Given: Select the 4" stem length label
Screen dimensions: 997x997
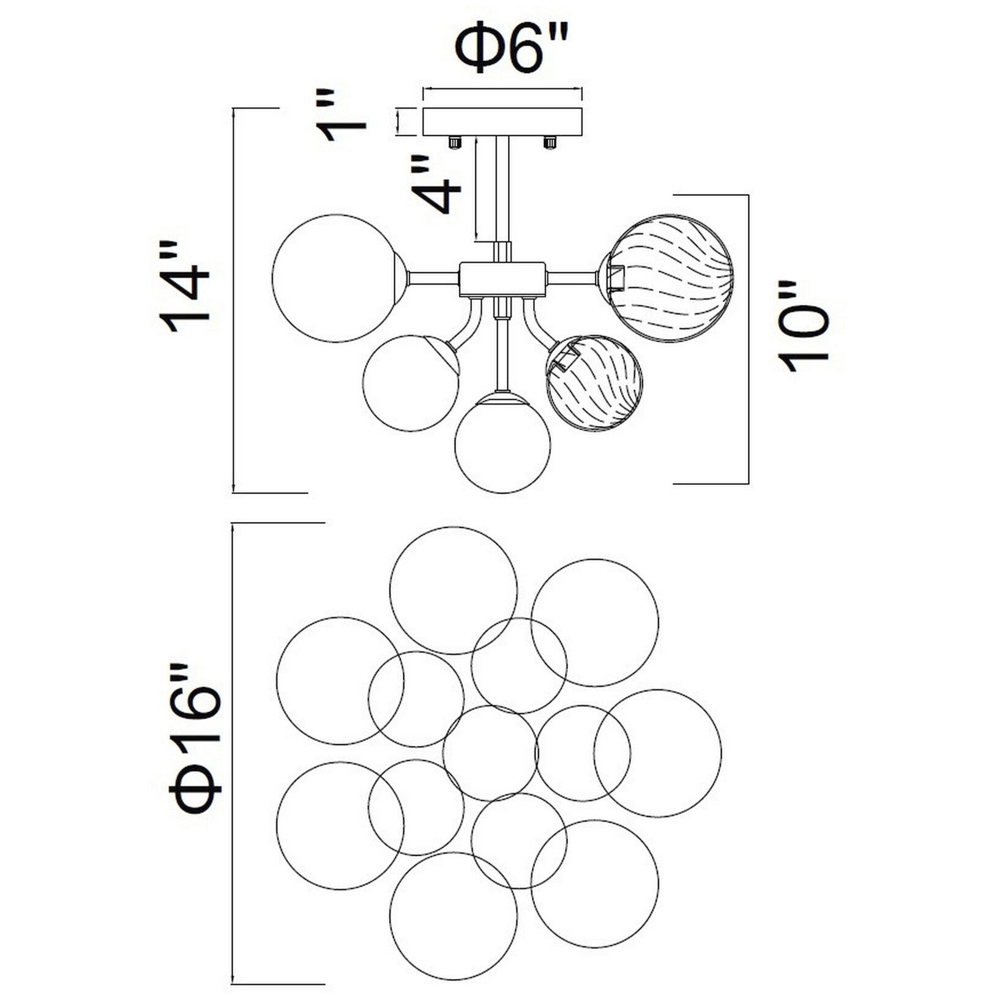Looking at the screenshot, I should [436, 184].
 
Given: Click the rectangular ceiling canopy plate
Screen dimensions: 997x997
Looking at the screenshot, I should [502, 121].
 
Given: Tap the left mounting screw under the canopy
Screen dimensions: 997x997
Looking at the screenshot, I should [454, 143].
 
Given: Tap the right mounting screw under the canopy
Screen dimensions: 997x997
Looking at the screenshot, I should [550, 143].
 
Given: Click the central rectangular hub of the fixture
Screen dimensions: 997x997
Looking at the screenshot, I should [502, 278].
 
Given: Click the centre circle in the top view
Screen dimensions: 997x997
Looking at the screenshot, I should [490, 753].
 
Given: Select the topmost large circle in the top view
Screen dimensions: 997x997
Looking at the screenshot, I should [454, 591].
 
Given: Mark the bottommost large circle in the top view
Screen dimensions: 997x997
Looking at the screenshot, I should [454, 916].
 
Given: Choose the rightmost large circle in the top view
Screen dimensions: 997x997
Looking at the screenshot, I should [657, 753].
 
